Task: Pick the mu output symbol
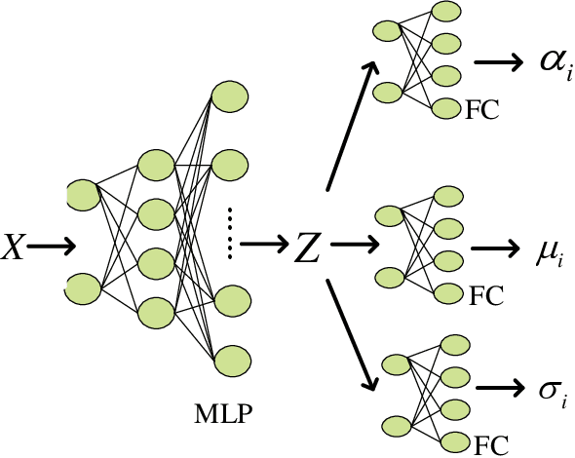549,251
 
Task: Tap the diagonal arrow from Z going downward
349,332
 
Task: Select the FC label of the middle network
484,294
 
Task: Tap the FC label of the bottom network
491,443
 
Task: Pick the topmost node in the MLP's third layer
229,97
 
